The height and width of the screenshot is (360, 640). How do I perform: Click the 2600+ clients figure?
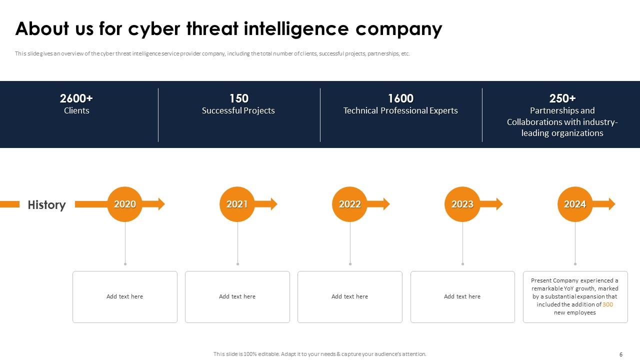click(76, 98)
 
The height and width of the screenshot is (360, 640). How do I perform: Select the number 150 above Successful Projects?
click(238, 98)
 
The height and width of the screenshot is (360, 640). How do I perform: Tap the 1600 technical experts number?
click(400, 98)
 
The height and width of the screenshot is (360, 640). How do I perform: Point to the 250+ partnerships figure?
click(562, 98)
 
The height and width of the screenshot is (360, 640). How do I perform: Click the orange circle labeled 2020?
click(125, 204)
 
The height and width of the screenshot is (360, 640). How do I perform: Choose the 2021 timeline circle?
click(237, 204)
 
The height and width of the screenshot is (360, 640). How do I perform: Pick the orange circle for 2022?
click(350, 204)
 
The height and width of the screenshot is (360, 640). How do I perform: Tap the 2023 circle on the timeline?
click(462, 204)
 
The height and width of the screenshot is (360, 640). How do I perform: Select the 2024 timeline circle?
click(575, 204)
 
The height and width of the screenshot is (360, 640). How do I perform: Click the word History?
click(46, 205)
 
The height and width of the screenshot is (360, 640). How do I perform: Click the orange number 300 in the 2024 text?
click(607, 304)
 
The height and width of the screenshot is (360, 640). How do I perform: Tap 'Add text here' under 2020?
click(124, 296)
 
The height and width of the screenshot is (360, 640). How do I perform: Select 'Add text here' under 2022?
click(349, 296)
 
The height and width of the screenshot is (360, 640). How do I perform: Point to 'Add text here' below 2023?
click(462, 296)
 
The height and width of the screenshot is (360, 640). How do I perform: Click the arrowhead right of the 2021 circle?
click(273, 204)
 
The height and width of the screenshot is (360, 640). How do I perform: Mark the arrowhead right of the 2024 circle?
click(611, 204)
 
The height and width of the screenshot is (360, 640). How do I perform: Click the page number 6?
click(621, 354)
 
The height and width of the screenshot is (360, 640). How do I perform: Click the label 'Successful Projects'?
click(238, 110)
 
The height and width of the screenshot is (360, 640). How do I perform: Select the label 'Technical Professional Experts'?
click(400, 110)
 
